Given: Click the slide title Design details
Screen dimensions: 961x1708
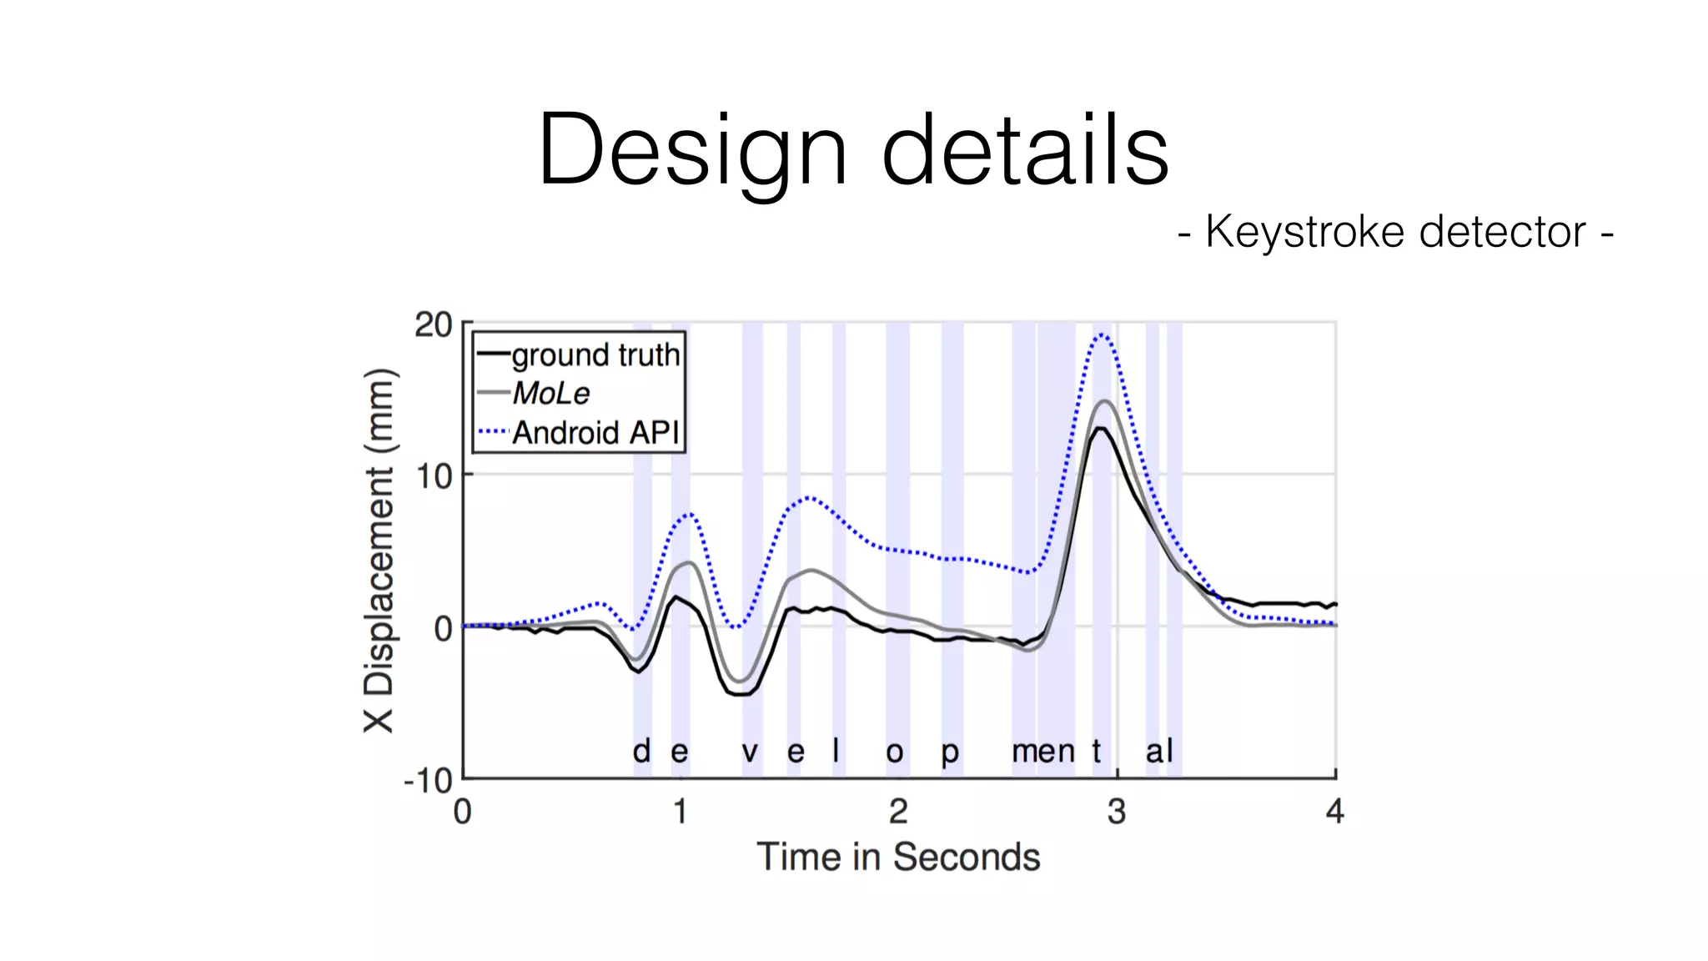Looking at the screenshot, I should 853,150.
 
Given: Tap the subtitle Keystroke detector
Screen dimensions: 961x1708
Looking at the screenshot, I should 1395,231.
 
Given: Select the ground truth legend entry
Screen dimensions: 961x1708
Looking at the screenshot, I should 595,355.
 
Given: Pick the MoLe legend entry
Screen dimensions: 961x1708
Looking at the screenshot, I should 550,393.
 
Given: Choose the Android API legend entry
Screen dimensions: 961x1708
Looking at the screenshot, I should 595,432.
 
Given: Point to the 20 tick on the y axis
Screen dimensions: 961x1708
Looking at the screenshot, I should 434,325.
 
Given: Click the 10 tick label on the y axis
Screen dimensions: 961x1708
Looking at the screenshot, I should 434,476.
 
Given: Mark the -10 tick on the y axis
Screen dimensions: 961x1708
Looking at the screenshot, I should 429,781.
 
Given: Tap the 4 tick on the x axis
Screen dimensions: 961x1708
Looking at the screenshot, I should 1334,811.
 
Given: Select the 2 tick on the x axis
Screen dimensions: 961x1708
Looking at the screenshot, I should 898,811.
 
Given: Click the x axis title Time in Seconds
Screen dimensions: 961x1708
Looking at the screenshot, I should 898,857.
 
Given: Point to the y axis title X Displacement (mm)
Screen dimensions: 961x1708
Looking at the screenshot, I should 379,551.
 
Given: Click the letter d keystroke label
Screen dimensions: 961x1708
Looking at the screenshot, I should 641,751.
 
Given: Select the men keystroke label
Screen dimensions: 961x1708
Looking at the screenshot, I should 1043,752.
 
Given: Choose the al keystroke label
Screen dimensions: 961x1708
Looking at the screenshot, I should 1159,751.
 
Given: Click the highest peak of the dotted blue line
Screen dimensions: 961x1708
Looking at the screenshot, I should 1103,335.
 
